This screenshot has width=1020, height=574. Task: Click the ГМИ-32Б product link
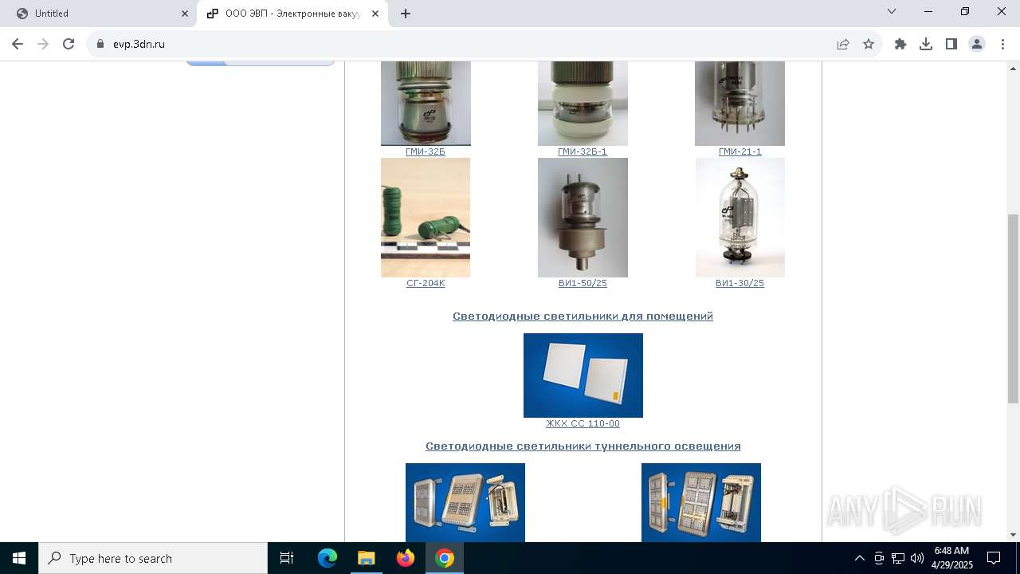(x=425, y=151)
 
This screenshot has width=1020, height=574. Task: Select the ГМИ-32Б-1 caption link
(x=583, y=151)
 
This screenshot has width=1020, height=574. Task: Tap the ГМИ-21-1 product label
(x=739, y=151)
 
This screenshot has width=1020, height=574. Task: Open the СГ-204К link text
(x=426, y=283)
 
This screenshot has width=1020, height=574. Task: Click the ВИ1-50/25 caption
(x=583, y=283)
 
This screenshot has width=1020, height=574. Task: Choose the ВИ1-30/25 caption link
(x=739, y=283)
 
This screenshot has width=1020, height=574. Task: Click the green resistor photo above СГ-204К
(x=426, y=217)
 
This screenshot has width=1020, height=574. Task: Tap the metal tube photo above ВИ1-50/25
(x=583, y=217)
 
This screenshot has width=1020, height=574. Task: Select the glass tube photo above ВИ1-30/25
(x=739, y=217)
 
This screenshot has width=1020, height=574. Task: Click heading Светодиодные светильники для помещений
(x=583, y=316)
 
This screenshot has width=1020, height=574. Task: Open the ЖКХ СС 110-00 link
(x=583, y=423)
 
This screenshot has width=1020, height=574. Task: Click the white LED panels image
(x=583, y=375)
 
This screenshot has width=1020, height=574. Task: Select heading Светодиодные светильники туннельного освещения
(x=583, y=446)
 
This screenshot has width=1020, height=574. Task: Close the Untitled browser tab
(x=185, y=14)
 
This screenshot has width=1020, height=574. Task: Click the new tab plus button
(x=406, y=14)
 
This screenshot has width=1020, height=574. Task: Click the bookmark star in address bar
(x=869, y=44)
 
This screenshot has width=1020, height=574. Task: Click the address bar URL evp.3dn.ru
(x=139, y=44)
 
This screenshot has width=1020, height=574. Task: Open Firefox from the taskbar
(x=406, y=558)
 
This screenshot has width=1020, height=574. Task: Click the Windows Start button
(x=19, y=558)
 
